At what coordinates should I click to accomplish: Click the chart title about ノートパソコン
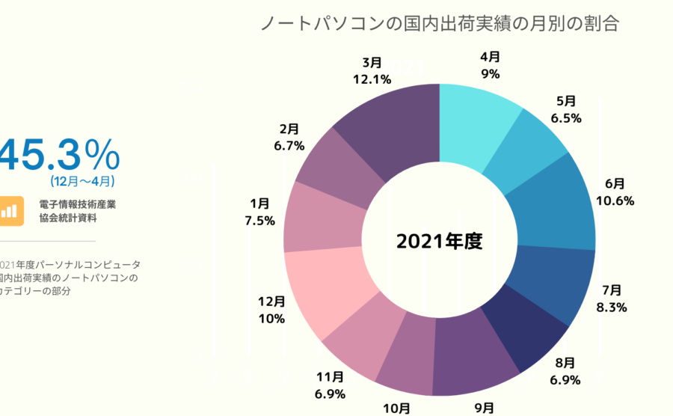[x=439, y=23]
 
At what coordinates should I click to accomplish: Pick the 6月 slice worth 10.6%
[x=557, y=203]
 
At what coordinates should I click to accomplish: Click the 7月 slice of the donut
[x=554, y=281]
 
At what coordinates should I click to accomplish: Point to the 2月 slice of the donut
[x=336, y=168]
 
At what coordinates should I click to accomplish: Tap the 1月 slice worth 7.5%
[x=318, y=217]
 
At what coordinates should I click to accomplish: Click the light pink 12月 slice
[x=322, y=289]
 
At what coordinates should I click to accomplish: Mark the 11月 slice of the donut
[x=359, y=340]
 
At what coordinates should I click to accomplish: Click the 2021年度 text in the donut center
[x=440, y=242]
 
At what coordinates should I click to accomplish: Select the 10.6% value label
[x=615, y=200]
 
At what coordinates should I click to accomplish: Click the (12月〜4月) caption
[x=82, y=181]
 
